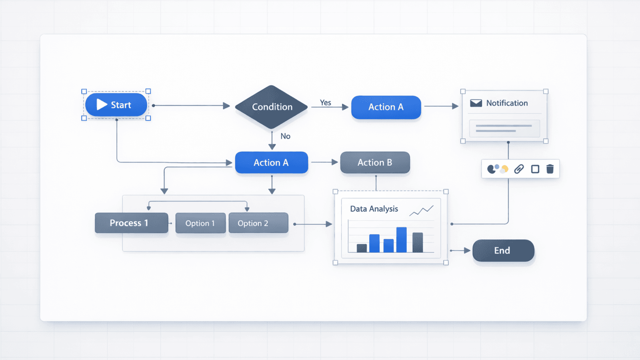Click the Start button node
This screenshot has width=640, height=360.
coord(116,105)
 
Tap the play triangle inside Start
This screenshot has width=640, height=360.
coord(102,104)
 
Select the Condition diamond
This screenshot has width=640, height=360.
coord(272,107)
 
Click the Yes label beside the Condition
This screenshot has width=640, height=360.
coord(325,103)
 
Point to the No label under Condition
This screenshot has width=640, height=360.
coord(285,136)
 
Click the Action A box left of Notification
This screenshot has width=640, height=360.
coord(386,107)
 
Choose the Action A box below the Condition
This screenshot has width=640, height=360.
coord(271,162)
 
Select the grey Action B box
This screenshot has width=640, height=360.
coord(375,162)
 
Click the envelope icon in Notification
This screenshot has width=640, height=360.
coord(476,103)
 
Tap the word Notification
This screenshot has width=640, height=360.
coord(507,103)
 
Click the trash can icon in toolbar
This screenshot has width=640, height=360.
coord(550,169)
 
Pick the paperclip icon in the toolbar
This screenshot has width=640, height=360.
coord(519,169)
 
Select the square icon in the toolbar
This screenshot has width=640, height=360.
coord(535,169)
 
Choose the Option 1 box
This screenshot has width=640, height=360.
coord(200,223)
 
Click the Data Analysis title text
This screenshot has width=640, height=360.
coord(374,209)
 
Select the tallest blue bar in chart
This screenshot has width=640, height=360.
coord(401,240)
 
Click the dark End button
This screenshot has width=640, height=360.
coord(503,250)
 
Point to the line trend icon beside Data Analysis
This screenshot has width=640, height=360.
coord(422,210)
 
